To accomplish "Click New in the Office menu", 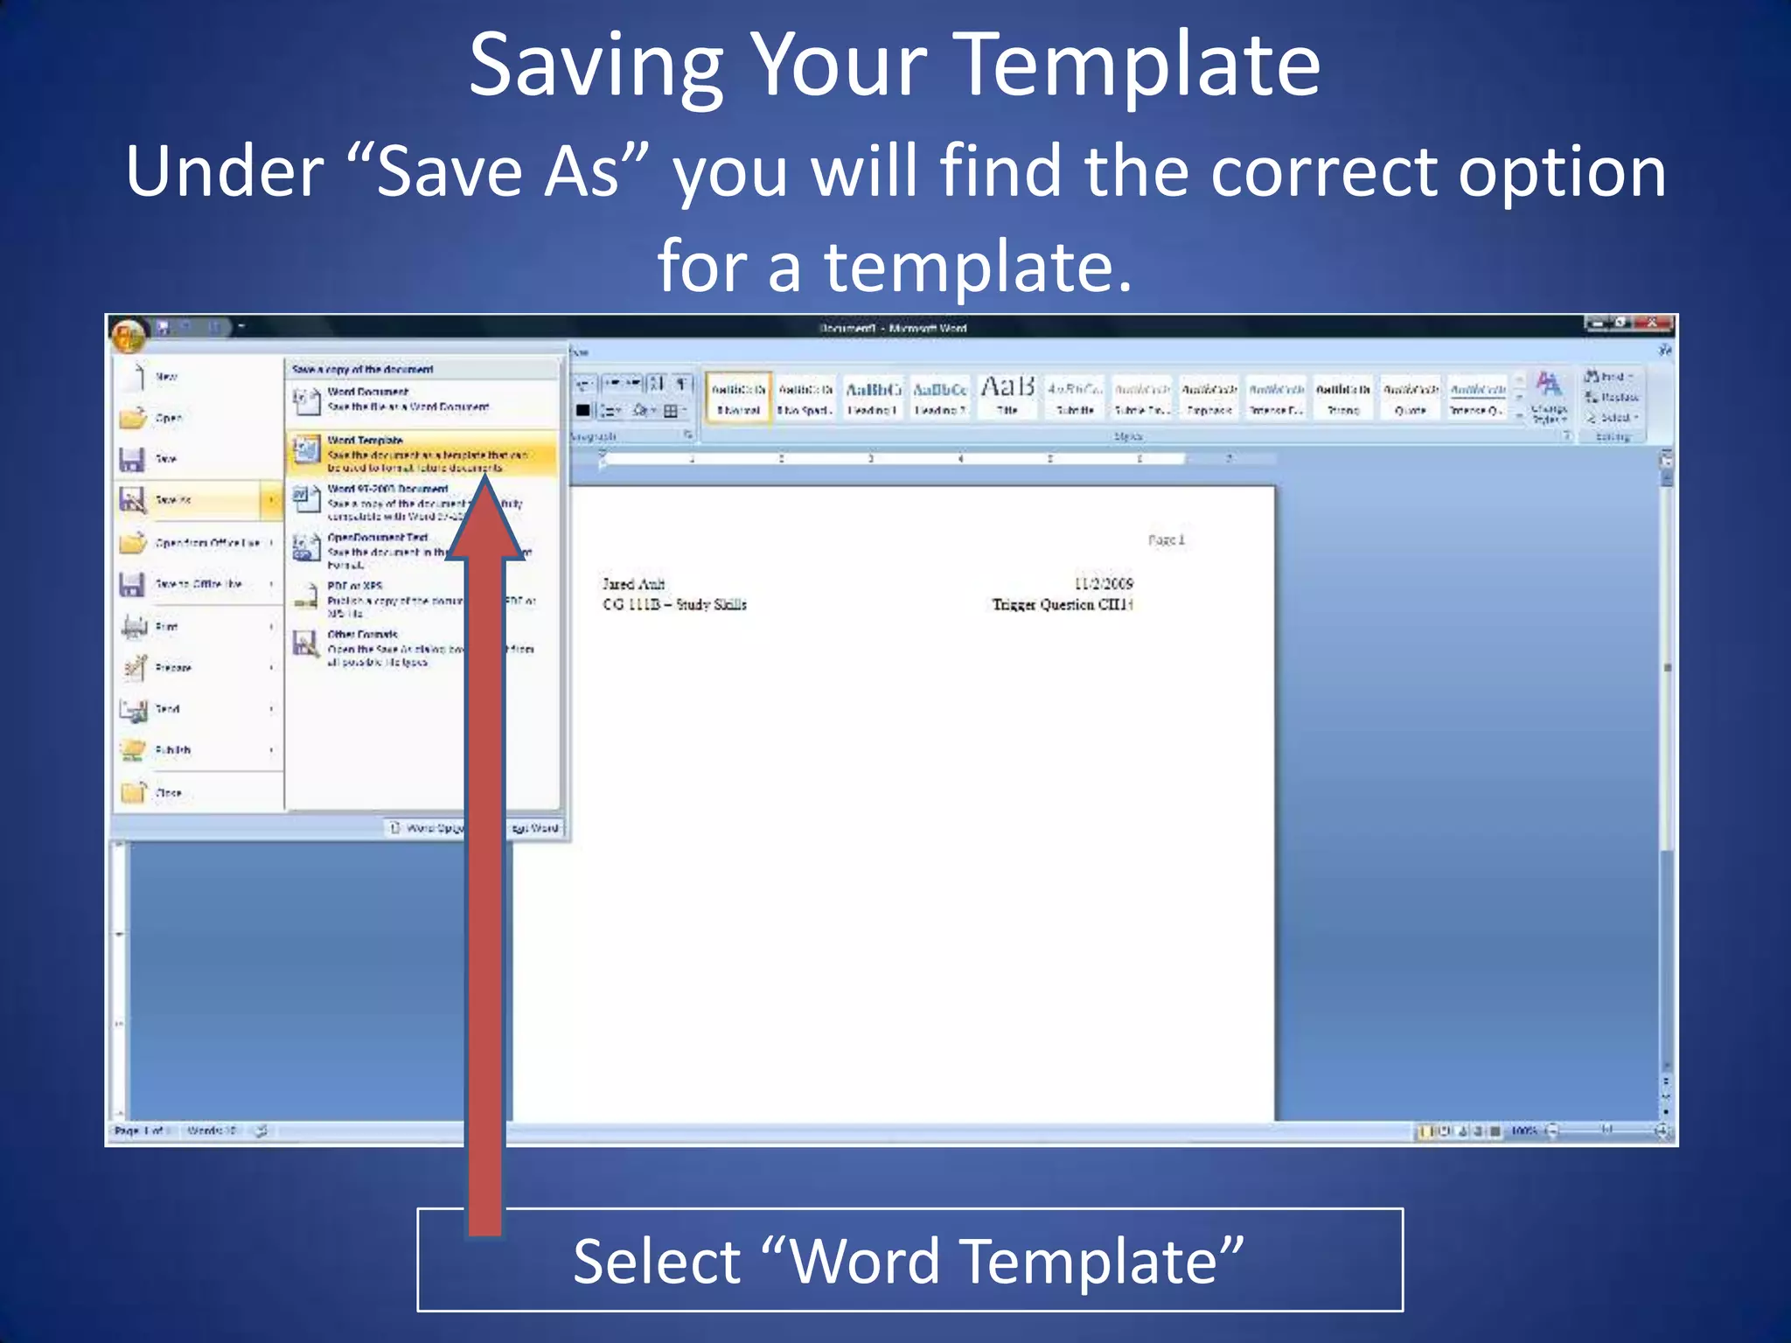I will tap(166, 377).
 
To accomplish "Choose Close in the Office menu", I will tap(168, 793).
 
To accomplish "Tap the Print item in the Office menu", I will tap(166, 626).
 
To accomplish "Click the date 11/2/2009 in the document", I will tap(1103, 584).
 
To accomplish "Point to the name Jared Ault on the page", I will tap(633, 584).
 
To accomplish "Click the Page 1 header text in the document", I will tap(1166, 539).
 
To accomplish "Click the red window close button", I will tap(1651, 324).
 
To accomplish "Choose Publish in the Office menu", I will tap(173, 750).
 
